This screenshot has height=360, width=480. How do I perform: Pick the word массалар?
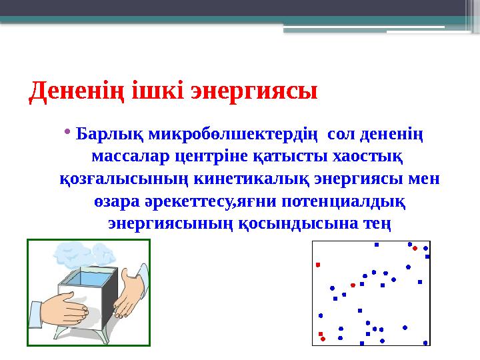pos(126,157)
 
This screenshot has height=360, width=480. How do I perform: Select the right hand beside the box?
pos(131,293)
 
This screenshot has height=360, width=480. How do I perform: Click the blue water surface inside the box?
pos(87,277)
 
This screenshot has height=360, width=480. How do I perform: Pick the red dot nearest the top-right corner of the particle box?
pos(415,248)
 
